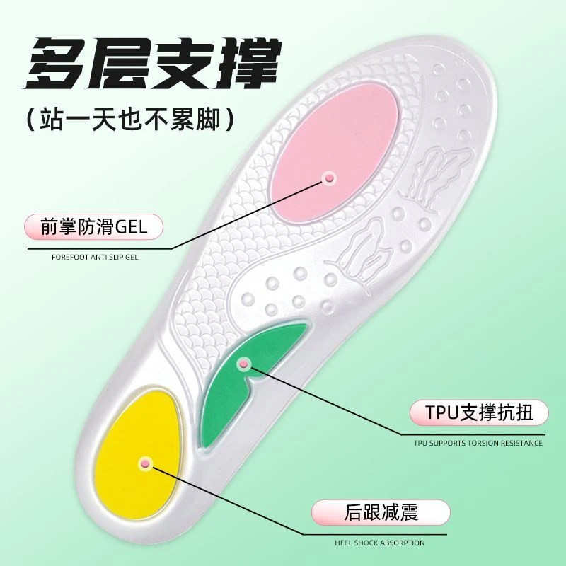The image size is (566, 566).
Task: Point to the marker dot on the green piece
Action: (245, 364)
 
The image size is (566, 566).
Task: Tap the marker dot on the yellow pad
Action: (146, 462)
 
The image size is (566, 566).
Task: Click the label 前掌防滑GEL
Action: (94, 228)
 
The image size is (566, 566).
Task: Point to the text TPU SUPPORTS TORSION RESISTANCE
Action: (478, 444)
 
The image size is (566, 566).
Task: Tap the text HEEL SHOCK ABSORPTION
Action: (380, 543)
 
